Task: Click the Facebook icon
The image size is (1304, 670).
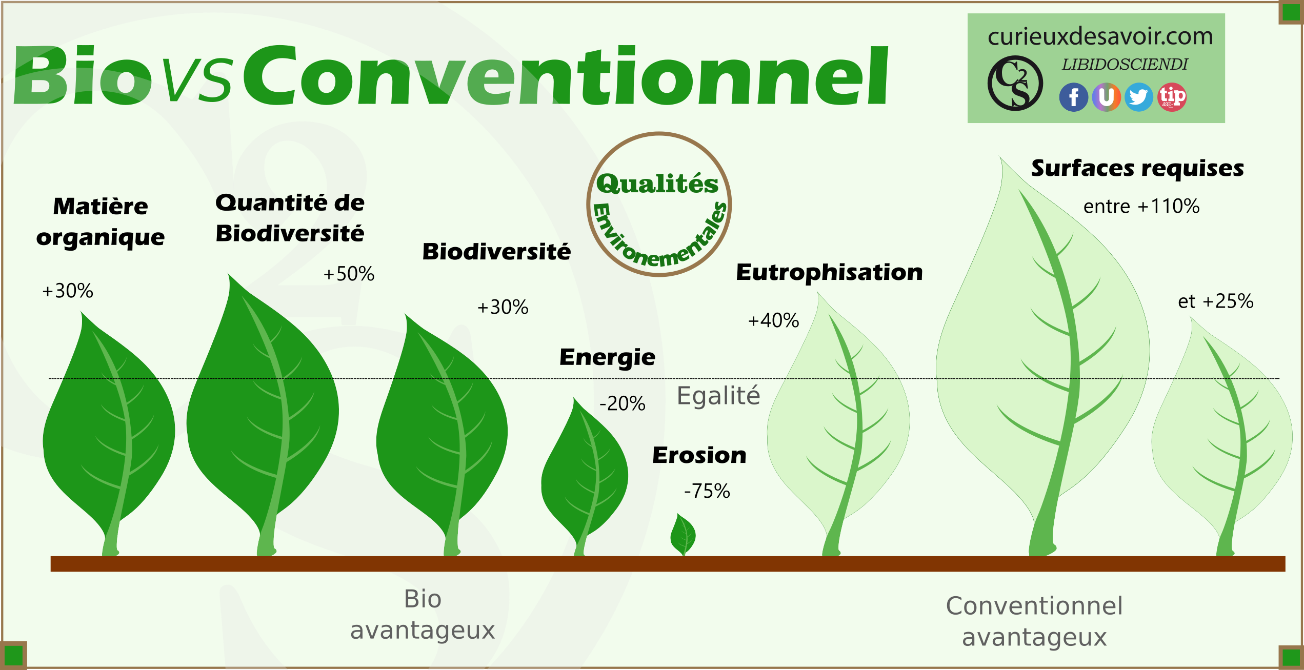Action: click(1073, 97)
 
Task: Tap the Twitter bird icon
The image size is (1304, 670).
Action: click(1139, 97)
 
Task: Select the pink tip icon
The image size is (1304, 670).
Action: click(1172, 97)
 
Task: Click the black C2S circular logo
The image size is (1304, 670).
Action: click(1015, 83)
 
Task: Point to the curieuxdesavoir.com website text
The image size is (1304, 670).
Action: click(1100, 36)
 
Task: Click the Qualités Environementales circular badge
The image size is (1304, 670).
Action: click(659, 205)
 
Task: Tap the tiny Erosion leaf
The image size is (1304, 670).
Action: click(683, 535)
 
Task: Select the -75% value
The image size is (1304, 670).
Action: click(707, 491)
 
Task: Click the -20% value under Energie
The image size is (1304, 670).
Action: click(623, 403)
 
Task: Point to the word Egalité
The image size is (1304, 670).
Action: click(718, 396)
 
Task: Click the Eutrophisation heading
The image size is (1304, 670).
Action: click(829, 272)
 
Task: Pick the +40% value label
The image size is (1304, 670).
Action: click(773, 321)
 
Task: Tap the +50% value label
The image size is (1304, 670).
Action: click(349, 274)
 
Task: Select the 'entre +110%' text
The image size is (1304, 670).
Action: click(1141, 207)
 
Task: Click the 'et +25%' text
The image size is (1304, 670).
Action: click(1216, 301)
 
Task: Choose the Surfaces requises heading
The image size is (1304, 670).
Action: click(1137, 169)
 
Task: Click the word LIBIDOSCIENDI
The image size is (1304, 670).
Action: click(1125, 65)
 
